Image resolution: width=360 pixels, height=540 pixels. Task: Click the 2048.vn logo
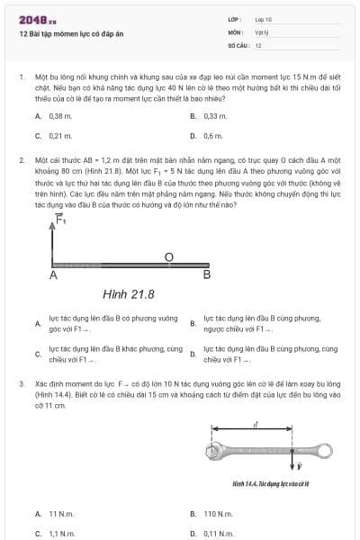point(37,19)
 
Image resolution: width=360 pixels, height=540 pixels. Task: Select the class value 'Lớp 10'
point(264,18)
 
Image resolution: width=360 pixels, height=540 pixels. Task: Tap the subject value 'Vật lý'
point(261,31)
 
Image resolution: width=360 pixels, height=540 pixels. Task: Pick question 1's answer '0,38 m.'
point(60,116)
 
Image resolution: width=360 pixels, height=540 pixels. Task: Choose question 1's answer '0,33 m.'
point(215,116)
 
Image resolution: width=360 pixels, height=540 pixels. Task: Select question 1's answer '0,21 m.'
point(60,135)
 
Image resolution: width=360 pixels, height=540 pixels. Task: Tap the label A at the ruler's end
point(54,275)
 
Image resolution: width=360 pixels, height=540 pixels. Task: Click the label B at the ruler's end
point(207,274)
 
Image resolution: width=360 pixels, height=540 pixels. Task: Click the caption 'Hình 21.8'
point(129,293)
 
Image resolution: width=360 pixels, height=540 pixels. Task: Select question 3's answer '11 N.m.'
point(61,514)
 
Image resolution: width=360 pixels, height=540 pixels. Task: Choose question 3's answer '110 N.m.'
point(217,514)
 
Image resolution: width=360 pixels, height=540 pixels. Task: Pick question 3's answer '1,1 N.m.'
point(61,533)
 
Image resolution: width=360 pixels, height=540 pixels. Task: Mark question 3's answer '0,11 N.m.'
point(218,533)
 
